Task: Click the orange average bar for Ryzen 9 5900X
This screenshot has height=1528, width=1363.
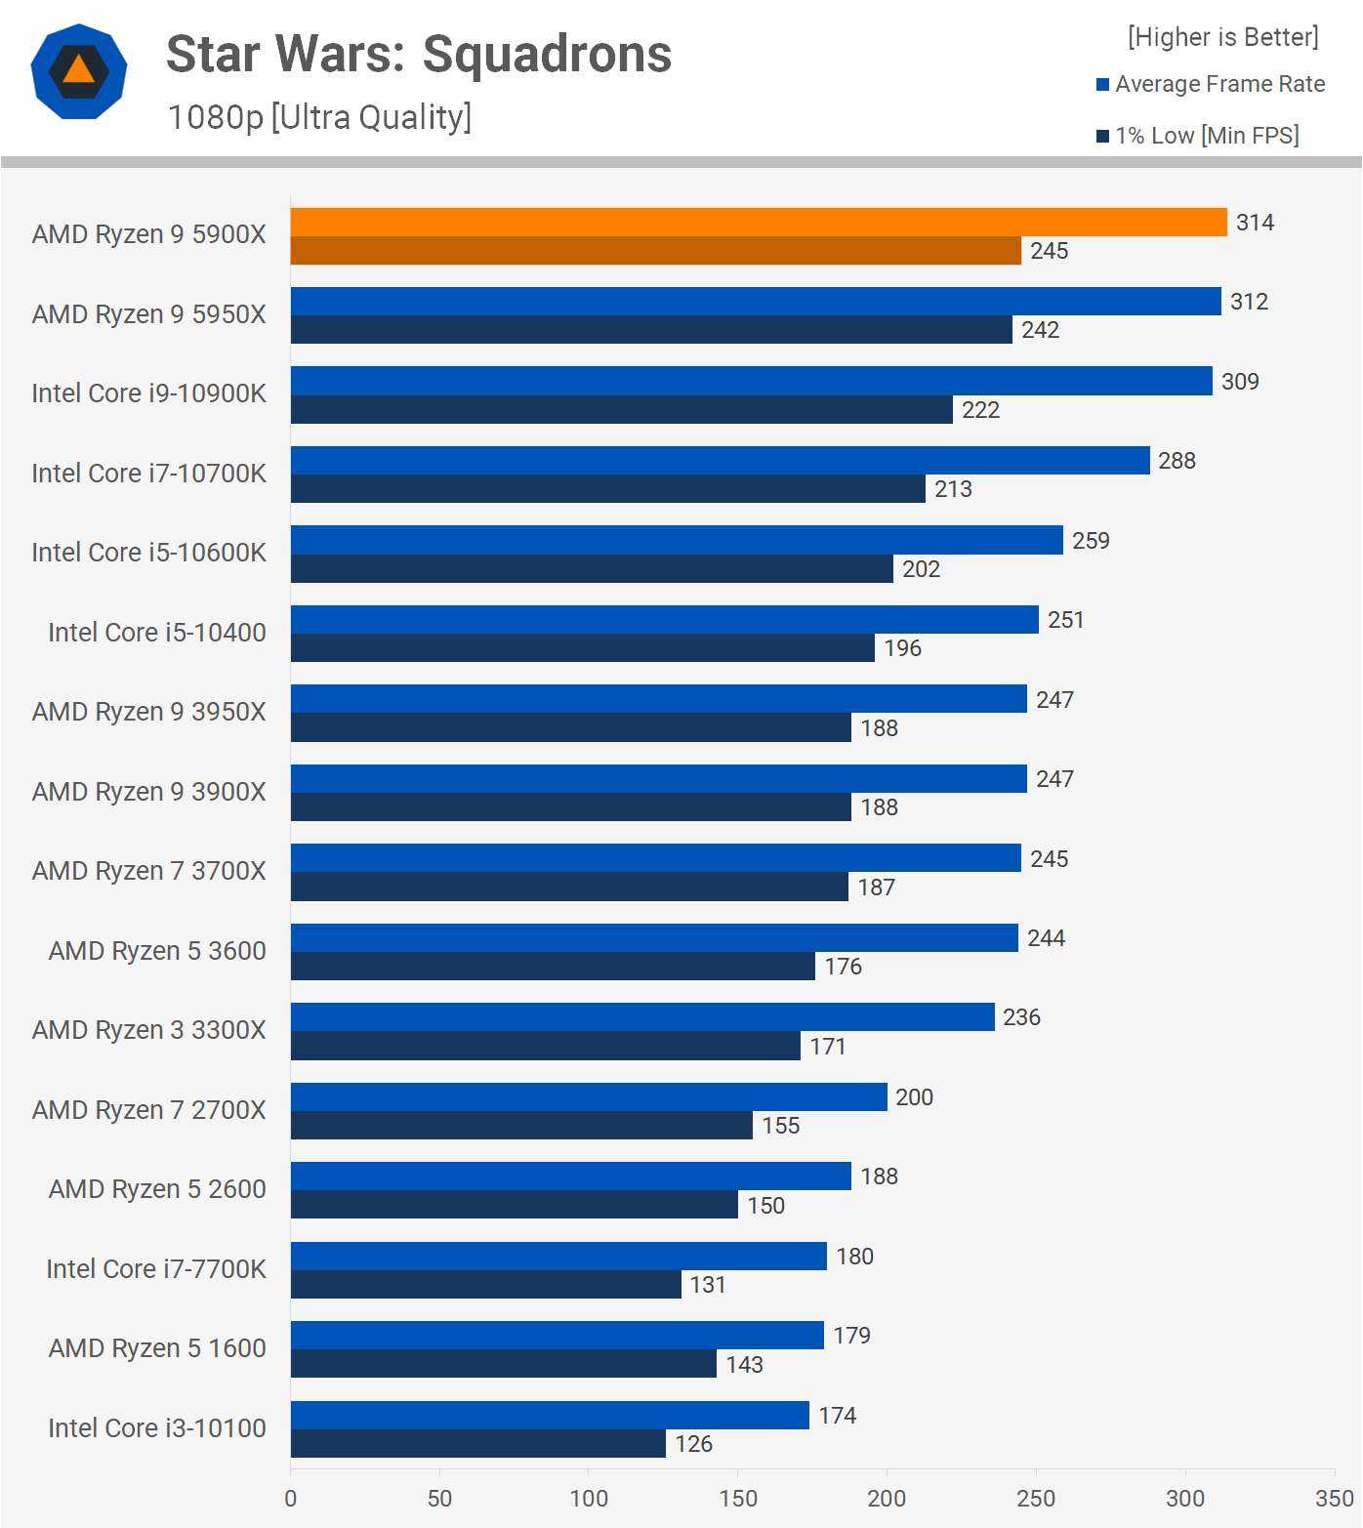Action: tap(758, 222)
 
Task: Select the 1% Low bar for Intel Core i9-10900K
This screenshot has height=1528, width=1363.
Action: tap(621, 409)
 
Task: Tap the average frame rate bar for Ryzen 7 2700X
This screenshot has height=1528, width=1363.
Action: tap(589, 1096)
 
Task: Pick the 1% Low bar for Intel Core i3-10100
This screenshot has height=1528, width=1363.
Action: tap(477, 1443)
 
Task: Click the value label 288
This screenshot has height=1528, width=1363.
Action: tap(1177, 461)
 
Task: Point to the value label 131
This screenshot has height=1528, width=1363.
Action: tap(708, 1285)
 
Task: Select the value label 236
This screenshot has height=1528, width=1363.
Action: tap(1021, 1017)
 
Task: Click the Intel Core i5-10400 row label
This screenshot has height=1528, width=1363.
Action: tap(157, 633)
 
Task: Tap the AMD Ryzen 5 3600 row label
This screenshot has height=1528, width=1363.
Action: tap(157, 951)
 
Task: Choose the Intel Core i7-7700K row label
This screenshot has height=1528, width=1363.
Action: tap(156, 1269)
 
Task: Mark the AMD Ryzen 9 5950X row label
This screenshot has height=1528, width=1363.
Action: tap(148, 314)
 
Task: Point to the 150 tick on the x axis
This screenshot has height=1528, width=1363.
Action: tap(738, 1499)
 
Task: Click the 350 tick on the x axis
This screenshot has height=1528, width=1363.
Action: tap(1334, 1499)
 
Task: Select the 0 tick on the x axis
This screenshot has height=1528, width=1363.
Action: tap(291, 1499)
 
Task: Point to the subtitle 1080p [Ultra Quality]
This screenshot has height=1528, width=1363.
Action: tap(319, 117)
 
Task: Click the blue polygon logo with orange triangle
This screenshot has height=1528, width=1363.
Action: tap(79, 71)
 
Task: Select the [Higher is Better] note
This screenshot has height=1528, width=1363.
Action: tap(1222, 37)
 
